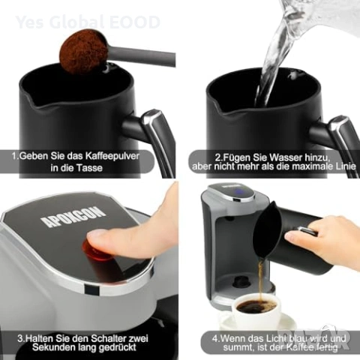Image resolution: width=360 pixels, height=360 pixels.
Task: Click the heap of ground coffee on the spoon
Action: point(82,50)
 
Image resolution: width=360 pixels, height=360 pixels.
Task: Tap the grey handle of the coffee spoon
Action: point(141,57)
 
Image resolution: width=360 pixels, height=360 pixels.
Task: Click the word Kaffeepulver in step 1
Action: point(112,156)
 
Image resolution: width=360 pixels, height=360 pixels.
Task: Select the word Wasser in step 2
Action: point(286,157)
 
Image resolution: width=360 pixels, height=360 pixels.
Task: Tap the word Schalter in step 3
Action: point(109,338)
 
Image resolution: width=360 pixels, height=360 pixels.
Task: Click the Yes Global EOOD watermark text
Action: point(88,22)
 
